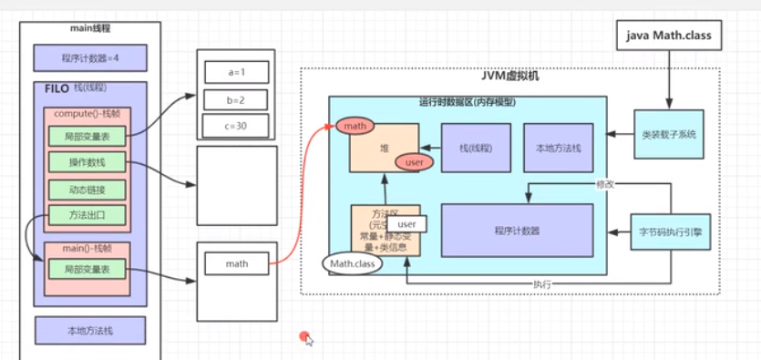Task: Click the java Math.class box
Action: tap(674, 36)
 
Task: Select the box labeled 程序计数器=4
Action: tap(89, 57)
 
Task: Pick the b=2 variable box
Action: tap(236, 98)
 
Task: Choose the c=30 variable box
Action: tap(236, 125)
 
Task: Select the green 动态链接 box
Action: tap(87, 190)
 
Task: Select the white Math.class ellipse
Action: tap(353, 263)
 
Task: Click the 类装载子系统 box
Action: tap(668, 134)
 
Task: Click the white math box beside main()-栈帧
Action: tap(236, 264)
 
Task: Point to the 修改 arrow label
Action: tap(604, 184)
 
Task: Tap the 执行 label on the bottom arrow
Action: tap(542, 284)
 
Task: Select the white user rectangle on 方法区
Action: tap(406, 223)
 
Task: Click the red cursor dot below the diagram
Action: tap(304, 337)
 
